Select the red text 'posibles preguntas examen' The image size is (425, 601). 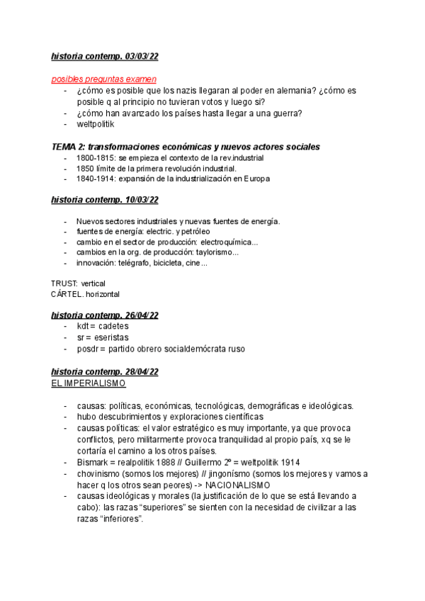point(103,79)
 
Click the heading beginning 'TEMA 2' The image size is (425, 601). point(186,147)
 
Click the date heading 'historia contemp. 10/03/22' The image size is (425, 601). point(104,201)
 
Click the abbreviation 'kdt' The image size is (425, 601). point(83,327)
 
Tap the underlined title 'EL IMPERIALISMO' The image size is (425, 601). point(89,383)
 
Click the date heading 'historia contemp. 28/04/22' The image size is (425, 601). point(104,372)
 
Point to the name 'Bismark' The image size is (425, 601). point(93,463)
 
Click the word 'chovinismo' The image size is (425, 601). point(101,474)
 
